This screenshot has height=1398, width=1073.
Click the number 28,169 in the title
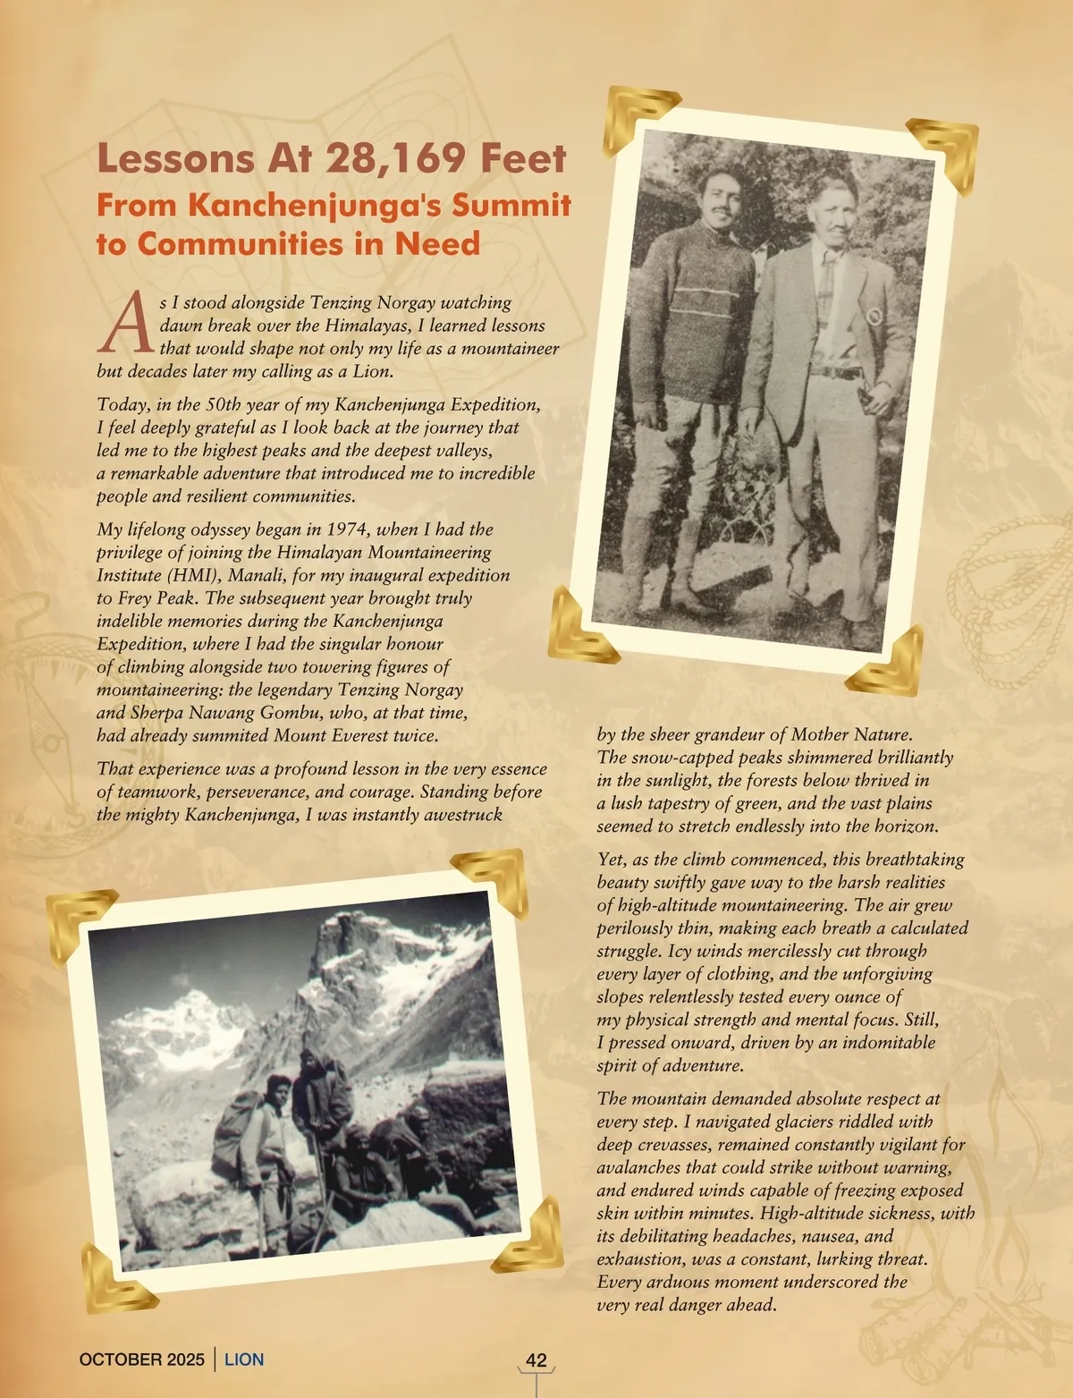[396, 158]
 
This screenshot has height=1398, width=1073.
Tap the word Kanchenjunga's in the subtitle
[356, 205]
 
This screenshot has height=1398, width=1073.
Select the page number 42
[536, 1360]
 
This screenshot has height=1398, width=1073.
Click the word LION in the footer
[244, 1360]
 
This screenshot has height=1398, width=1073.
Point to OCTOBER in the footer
[119, 1360]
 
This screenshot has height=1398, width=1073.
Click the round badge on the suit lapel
[874, 316]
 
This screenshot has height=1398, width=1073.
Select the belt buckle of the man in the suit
[836, 372]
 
